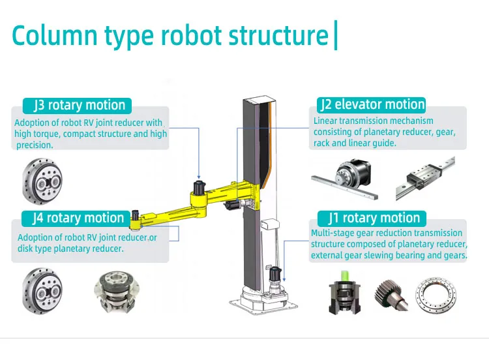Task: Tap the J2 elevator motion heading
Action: click(372, 104)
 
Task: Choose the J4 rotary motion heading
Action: click(77, 218)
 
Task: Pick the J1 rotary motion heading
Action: click(372, 218)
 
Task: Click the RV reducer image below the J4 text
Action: click(40, 288)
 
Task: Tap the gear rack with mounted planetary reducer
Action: click(346, 175)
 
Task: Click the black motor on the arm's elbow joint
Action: click(198, 188)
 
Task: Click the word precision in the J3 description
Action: click(33, 145)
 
